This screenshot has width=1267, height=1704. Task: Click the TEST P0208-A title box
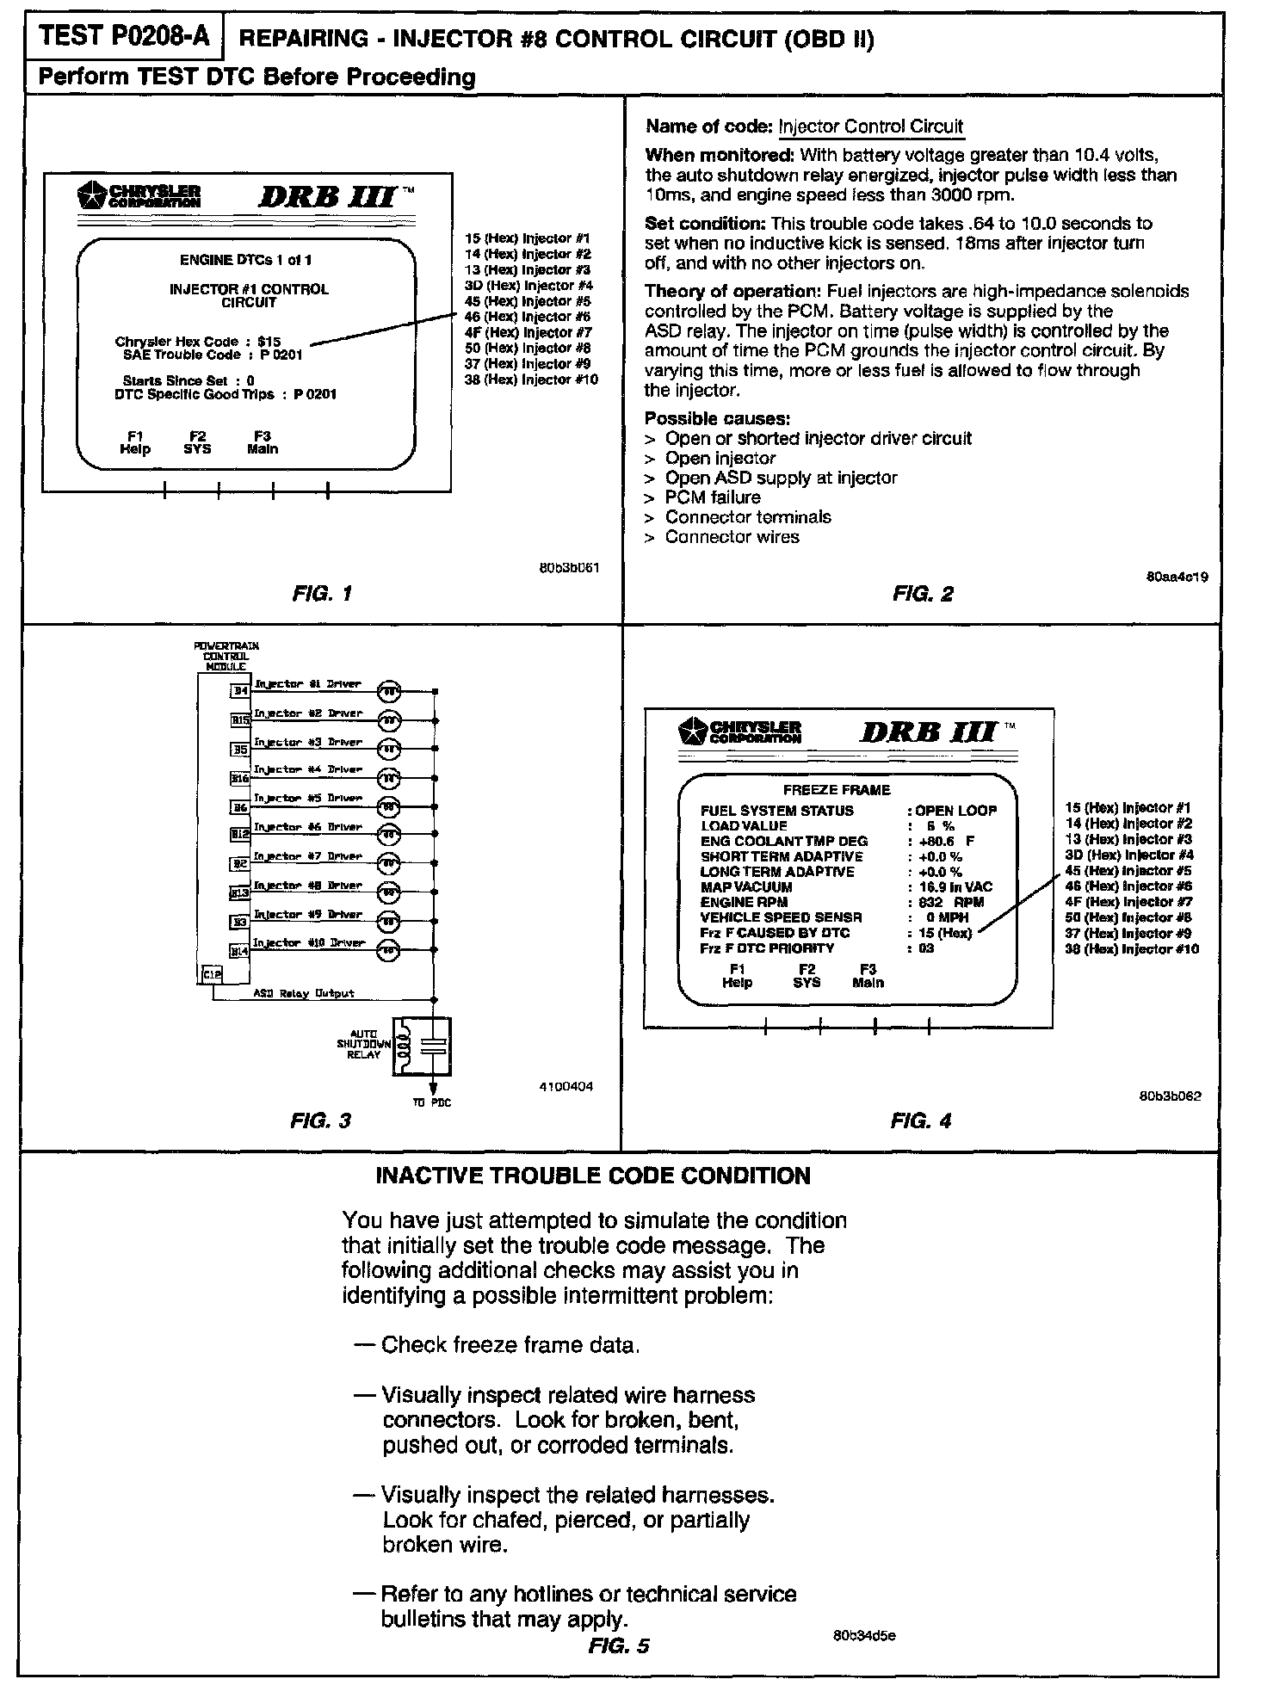click(x=125, y=36)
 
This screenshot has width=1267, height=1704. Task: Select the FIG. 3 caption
click(x=320, y=1121)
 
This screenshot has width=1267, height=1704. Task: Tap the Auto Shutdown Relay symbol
click(x=421, y=1046)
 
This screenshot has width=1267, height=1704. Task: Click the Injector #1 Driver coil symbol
click(x=389, y=691)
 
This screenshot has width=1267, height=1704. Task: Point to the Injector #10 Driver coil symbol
click(x=389, y=950)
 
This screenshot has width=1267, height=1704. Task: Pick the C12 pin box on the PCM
click(x=212, y=973)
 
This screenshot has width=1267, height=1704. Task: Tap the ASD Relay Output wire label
click(x=304, y=993)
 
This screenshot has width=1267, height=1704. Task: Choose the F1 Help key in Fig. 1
click(x=135, y=442)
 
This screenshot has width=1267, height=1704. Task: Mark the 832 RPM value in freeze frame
click(x=950, y=902)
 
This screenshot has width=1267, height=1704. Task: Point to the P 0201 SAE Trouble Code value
click(x=281, y=355)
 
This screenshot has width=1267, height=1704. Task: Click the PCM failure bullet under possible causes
click(x=712, y=497)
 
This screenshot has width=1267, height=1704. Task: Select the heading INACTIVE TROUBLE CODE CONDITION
click(x=593, y=1176)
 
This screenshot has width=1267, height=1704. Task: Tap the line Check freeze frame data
click(x=510, y=1344)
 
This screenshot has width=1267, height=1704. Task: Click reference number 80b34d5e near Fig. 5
click(x=864, y=1635)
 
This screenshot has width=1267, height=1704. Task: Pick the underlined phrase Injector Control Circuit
click(x=870, y=127)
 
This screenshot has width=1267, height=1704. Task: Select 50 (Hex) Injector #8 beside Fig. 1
click(x=527, y=348)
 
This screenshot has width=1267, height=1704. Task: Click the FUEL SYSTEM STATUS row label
click(x=777, y=811)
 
